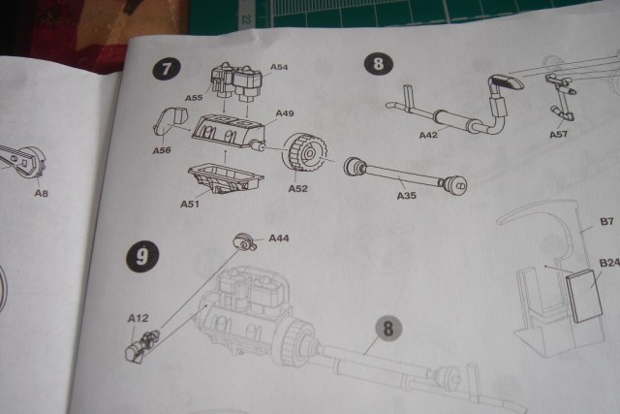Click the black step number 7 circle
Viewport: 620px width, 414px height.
point(167,70)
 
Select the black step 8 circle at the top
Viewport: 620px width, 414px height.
point(376,64)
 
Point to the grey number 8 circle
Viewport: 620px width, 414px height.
point(387,329)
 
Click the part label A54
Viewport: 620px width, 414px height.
point(279,67)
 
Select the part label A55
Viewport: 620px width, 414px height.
point(193,99)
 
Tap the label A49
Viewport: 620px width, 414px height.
point(285,113)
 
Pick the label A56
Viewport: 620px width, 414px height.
point(162,150)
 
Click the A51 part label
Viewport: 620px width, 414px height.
point(190,204)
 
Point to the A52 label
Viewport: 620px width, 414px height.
point(298,187)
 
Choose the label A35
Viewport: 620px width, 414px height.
point(407,196)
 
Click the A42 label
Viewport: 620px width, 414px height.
point(429,135)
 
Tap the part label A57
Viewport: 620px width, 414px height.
point(559,134)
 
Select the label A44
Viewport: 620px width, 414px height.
point(279,239)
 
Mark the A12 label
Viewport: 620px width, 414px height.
point(136,317)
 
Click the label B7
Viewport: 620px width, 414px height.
point(606,222)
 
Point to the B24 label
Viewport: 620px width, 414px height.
point(608,263)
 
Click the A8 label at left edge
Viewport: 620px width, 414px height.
point(42,193)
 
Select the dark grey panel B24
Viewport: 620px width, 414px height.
point(584,296)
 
